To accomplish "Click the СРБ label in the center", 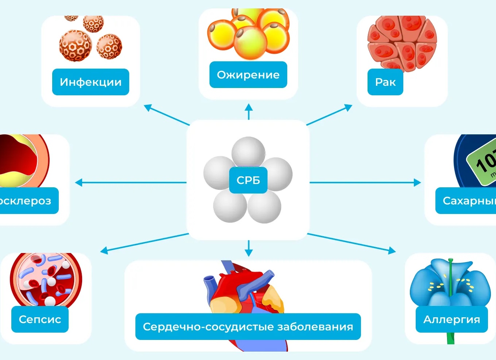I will point(248,180).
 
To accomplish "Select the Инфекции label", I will point(91,82).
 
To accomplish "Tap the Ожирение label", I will point(248,75).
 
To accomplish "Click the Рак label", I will point(385,82).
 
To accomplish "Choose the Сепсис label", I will point(40,319).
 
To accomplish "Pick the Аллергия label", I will point(451,319).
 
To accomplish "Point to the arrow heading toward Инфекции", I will point(166,115).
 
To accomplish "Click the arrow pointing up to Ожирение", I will point(249,111).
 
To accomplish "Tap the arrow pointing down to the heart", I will point(249,248).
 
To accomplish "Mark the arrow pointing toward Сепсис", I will point(144,242).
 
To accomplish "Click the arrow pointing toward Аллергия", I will point(352,242).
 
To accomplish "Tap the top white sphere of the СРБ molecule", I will point(248,152).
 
